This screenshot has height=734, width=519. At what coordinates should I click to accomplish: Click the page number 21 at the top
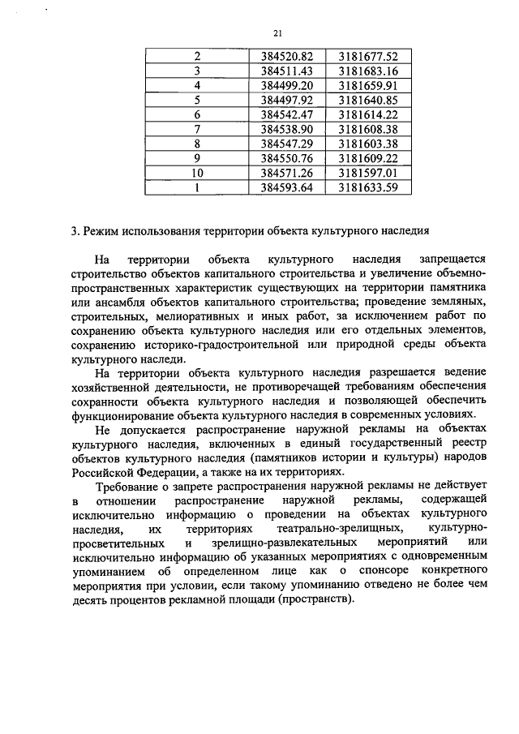click(277, 32)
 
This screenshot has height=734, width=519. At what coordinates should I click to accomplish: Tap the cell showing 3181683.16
click(369, 71)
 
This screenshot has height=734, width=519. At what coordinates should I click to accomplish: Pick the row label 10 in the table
click(197, 173)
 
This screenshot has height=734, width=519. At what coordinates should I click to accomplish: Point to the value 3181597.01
click(369, 173)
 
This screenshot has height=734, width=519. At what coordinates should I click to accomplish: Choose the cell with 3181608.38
click(369, 129)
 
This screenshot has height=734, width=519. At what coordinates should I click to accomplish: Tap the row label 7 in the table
click(197, 129)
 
